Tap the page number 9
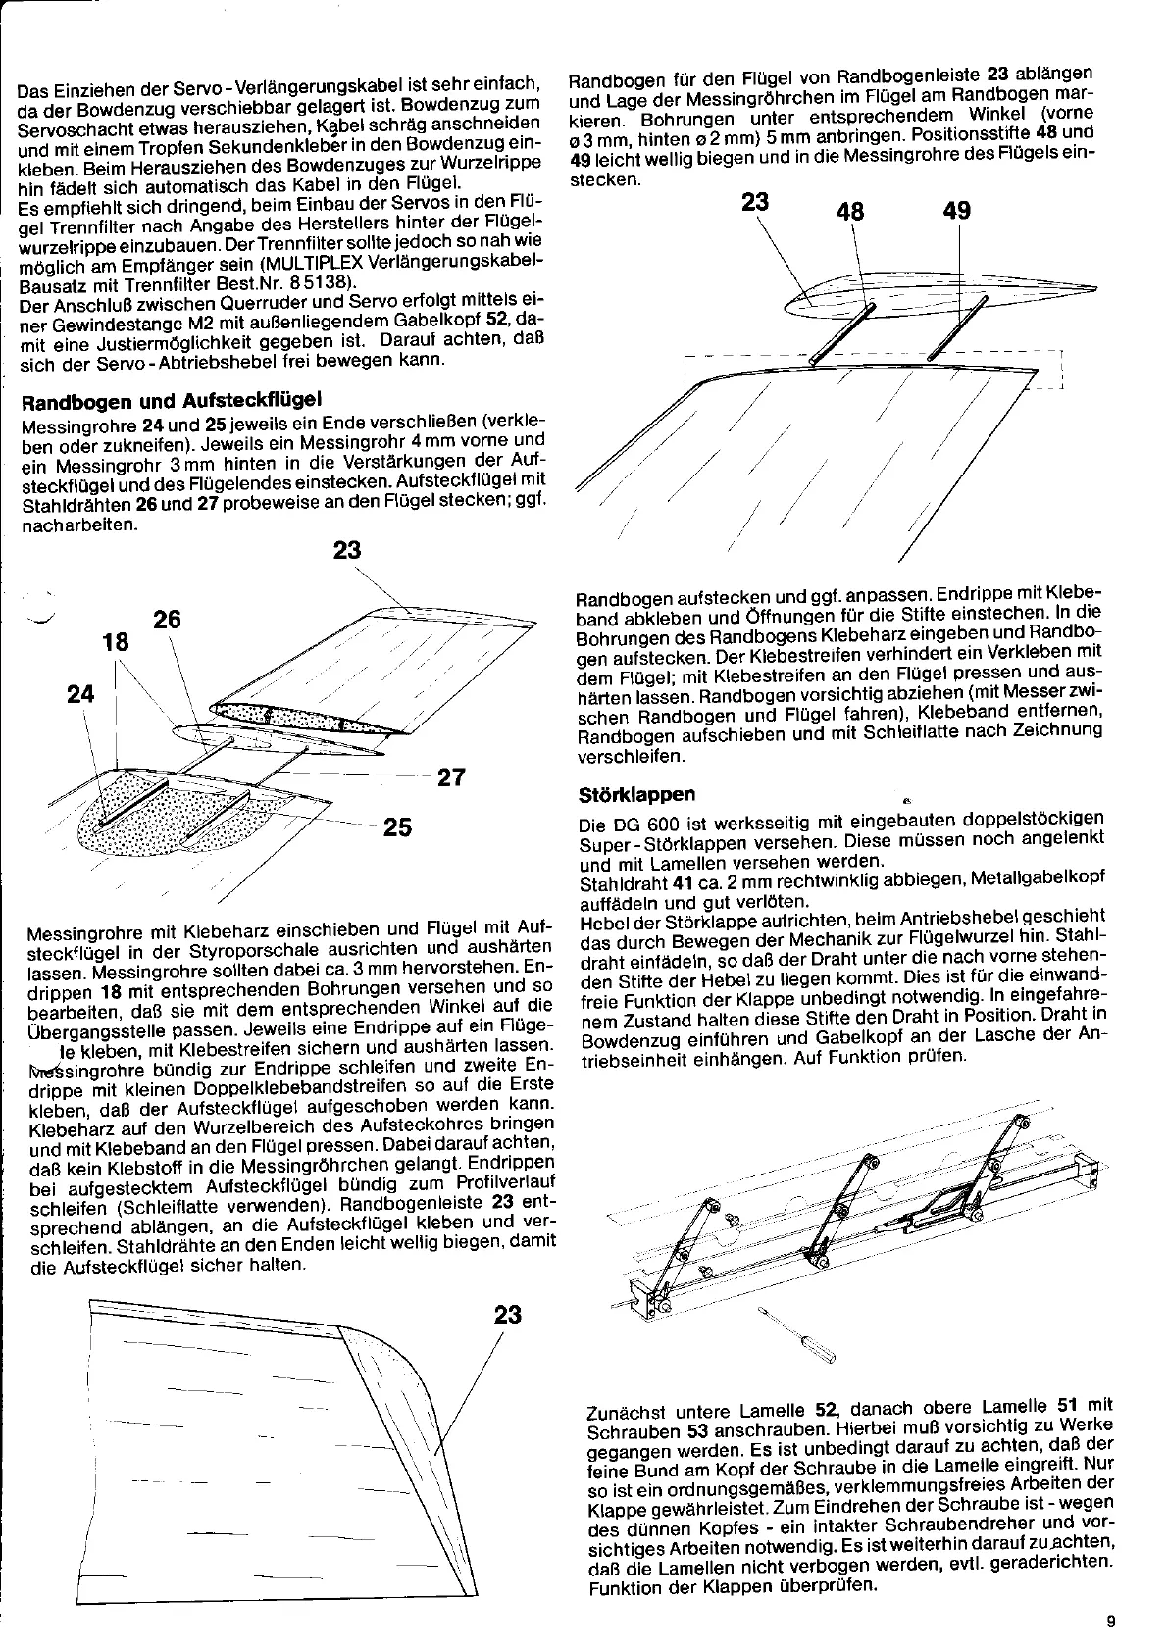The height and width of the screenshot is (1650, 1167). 1110,1622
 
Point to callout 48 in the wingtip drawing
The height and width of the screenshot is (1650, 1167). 850,213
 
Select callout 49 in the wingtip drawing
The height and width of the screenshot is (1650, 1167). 955,211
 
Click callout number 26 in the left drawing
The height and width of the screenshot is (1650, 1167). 168,620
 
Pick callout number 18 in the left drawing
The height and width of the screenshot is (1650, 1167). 116,643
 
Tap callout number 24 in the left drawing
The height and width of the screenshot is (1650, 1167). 81,695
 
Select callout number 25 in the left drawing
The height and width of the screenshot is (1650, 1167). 397,828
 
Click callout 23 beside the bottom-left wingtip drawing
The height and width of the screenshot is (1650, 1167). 508,1314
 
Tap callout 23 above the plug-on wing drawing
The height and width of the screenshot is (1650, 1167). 347,550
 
